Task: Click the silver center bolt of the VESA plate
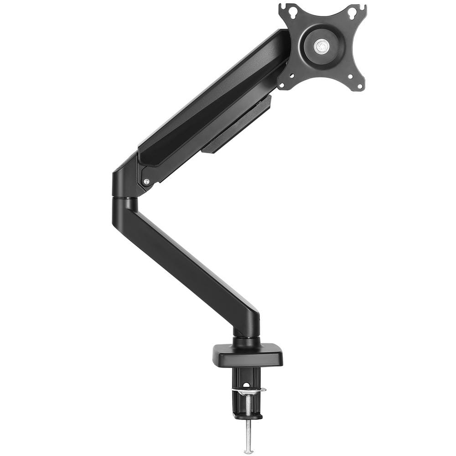coord(321,46)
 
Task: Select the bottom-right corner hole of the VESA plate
coord(360,84)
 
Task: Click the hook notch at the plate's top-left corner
coord(284,6)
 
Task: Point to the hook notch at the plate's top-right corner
coord(363,6)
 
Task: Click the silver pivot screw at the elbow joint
coord(146,181)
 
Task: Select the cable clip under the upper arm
coord(237,125)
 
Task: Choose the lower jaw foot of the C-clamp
coord(248,415)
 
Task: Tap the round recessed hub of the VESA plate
coord(321,46)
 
